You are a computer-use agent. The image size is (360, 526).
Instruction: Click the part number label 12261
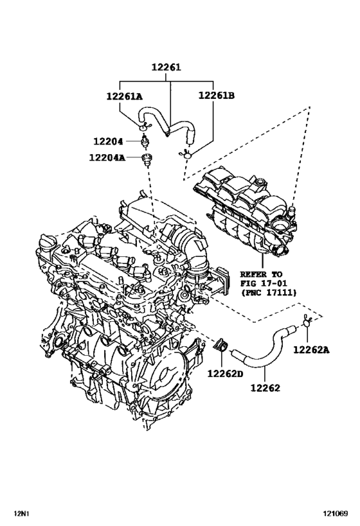tap(166, 67)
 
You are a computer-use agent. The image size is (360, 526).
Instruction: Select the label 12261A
tap(124, 96)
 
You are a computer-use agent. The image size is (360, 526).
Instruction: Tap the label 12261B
tap(216, 96)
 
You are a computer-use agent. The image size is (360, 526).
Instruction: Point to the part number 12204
tap(108, 141)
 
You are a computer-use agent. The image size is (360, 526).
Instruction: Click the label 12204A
tap(107, 157)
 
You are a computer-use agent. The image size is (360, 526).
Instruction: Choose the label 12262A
tap(311, 350)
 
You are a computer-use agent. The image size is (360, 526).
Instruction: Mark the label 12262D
tap(225, 373)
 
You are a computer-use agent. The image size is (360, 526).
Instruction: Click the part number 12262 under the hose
tap(265, 388)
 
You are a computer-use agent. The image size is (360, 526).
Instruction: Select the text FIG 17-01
tap(264, 283)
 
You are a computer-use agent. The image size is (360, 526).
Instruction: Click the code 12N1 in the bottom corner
tap(22, 513)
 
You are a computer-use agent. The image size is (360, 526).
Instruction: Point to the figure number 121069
tap(336, 513)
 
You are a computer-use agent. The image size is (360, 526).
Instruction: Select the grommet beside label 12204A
tap(147, 159)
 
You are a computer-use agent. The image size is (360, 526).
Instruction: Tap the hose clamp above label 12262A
tap(307, 321)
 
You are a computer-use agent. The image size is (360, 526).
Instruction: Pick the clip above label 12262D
tap(221, 345)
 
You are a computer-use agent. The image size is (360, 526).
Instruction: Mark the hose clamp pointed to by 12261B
tap(186, 154)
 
